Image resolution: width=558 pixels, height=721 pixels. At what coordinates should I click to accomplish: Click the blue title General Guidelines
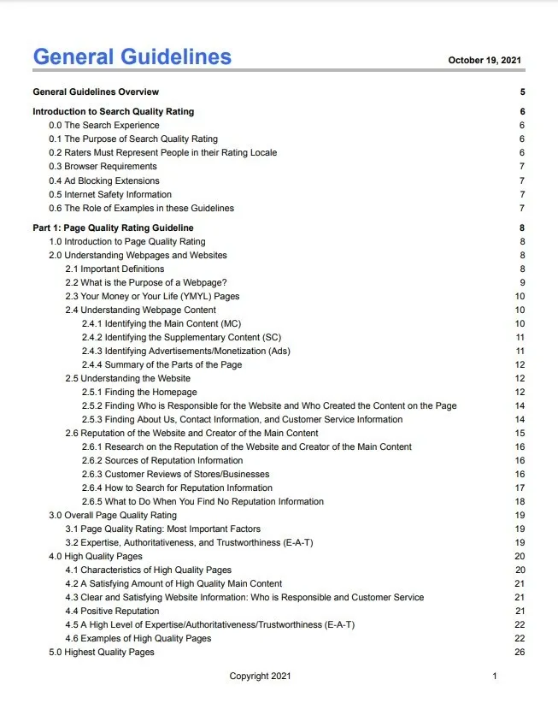[132, 57]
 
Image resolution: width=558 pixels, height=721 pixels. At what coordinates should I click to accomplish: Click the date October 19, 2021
[485, 61]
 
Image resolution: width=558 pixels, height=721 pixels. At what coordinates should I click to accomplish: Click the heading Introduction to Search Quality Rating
[113, 111]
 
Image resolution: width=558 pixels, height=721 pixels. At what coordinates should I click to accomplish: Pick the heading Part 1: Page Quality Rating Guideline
[113, 228]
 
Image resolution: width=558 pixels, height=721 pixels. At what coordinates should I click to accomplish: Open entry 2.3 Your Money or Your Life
[152, 296]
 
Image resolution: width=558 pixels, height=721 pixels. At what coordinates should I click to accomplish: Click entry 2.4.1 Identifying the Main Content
[162, 323]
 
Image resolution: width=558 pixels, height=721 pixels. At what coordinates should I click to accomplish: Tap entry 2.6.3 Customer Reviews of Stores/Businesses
[175, 474]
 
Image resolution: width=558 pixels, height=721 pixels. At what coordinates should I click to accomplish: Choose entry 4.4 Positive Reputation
[112, 611]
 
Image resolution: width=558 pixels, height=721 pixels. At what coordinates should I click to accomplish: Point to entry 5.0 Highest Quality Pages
[101, 652]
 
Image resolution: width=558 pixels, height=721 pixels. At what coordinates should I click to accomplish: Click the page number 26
[520, 652]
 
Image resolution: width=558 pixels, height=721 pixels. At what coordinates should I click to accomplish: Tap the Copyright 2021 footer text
[260, 677]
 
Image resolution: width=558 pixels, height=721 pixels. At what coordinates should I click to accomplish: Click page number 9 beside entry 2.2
[521, 282]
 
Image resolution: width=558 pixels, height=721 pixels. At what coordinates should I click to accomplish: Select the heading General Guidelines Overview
[96, 92]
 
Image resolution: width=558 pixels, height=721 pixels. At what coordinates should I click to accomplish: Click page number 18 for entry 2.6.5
[520, 501]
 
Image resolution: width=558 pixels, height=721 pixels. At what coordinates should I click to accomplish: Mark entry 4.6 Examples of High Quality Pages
[138, 638]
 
